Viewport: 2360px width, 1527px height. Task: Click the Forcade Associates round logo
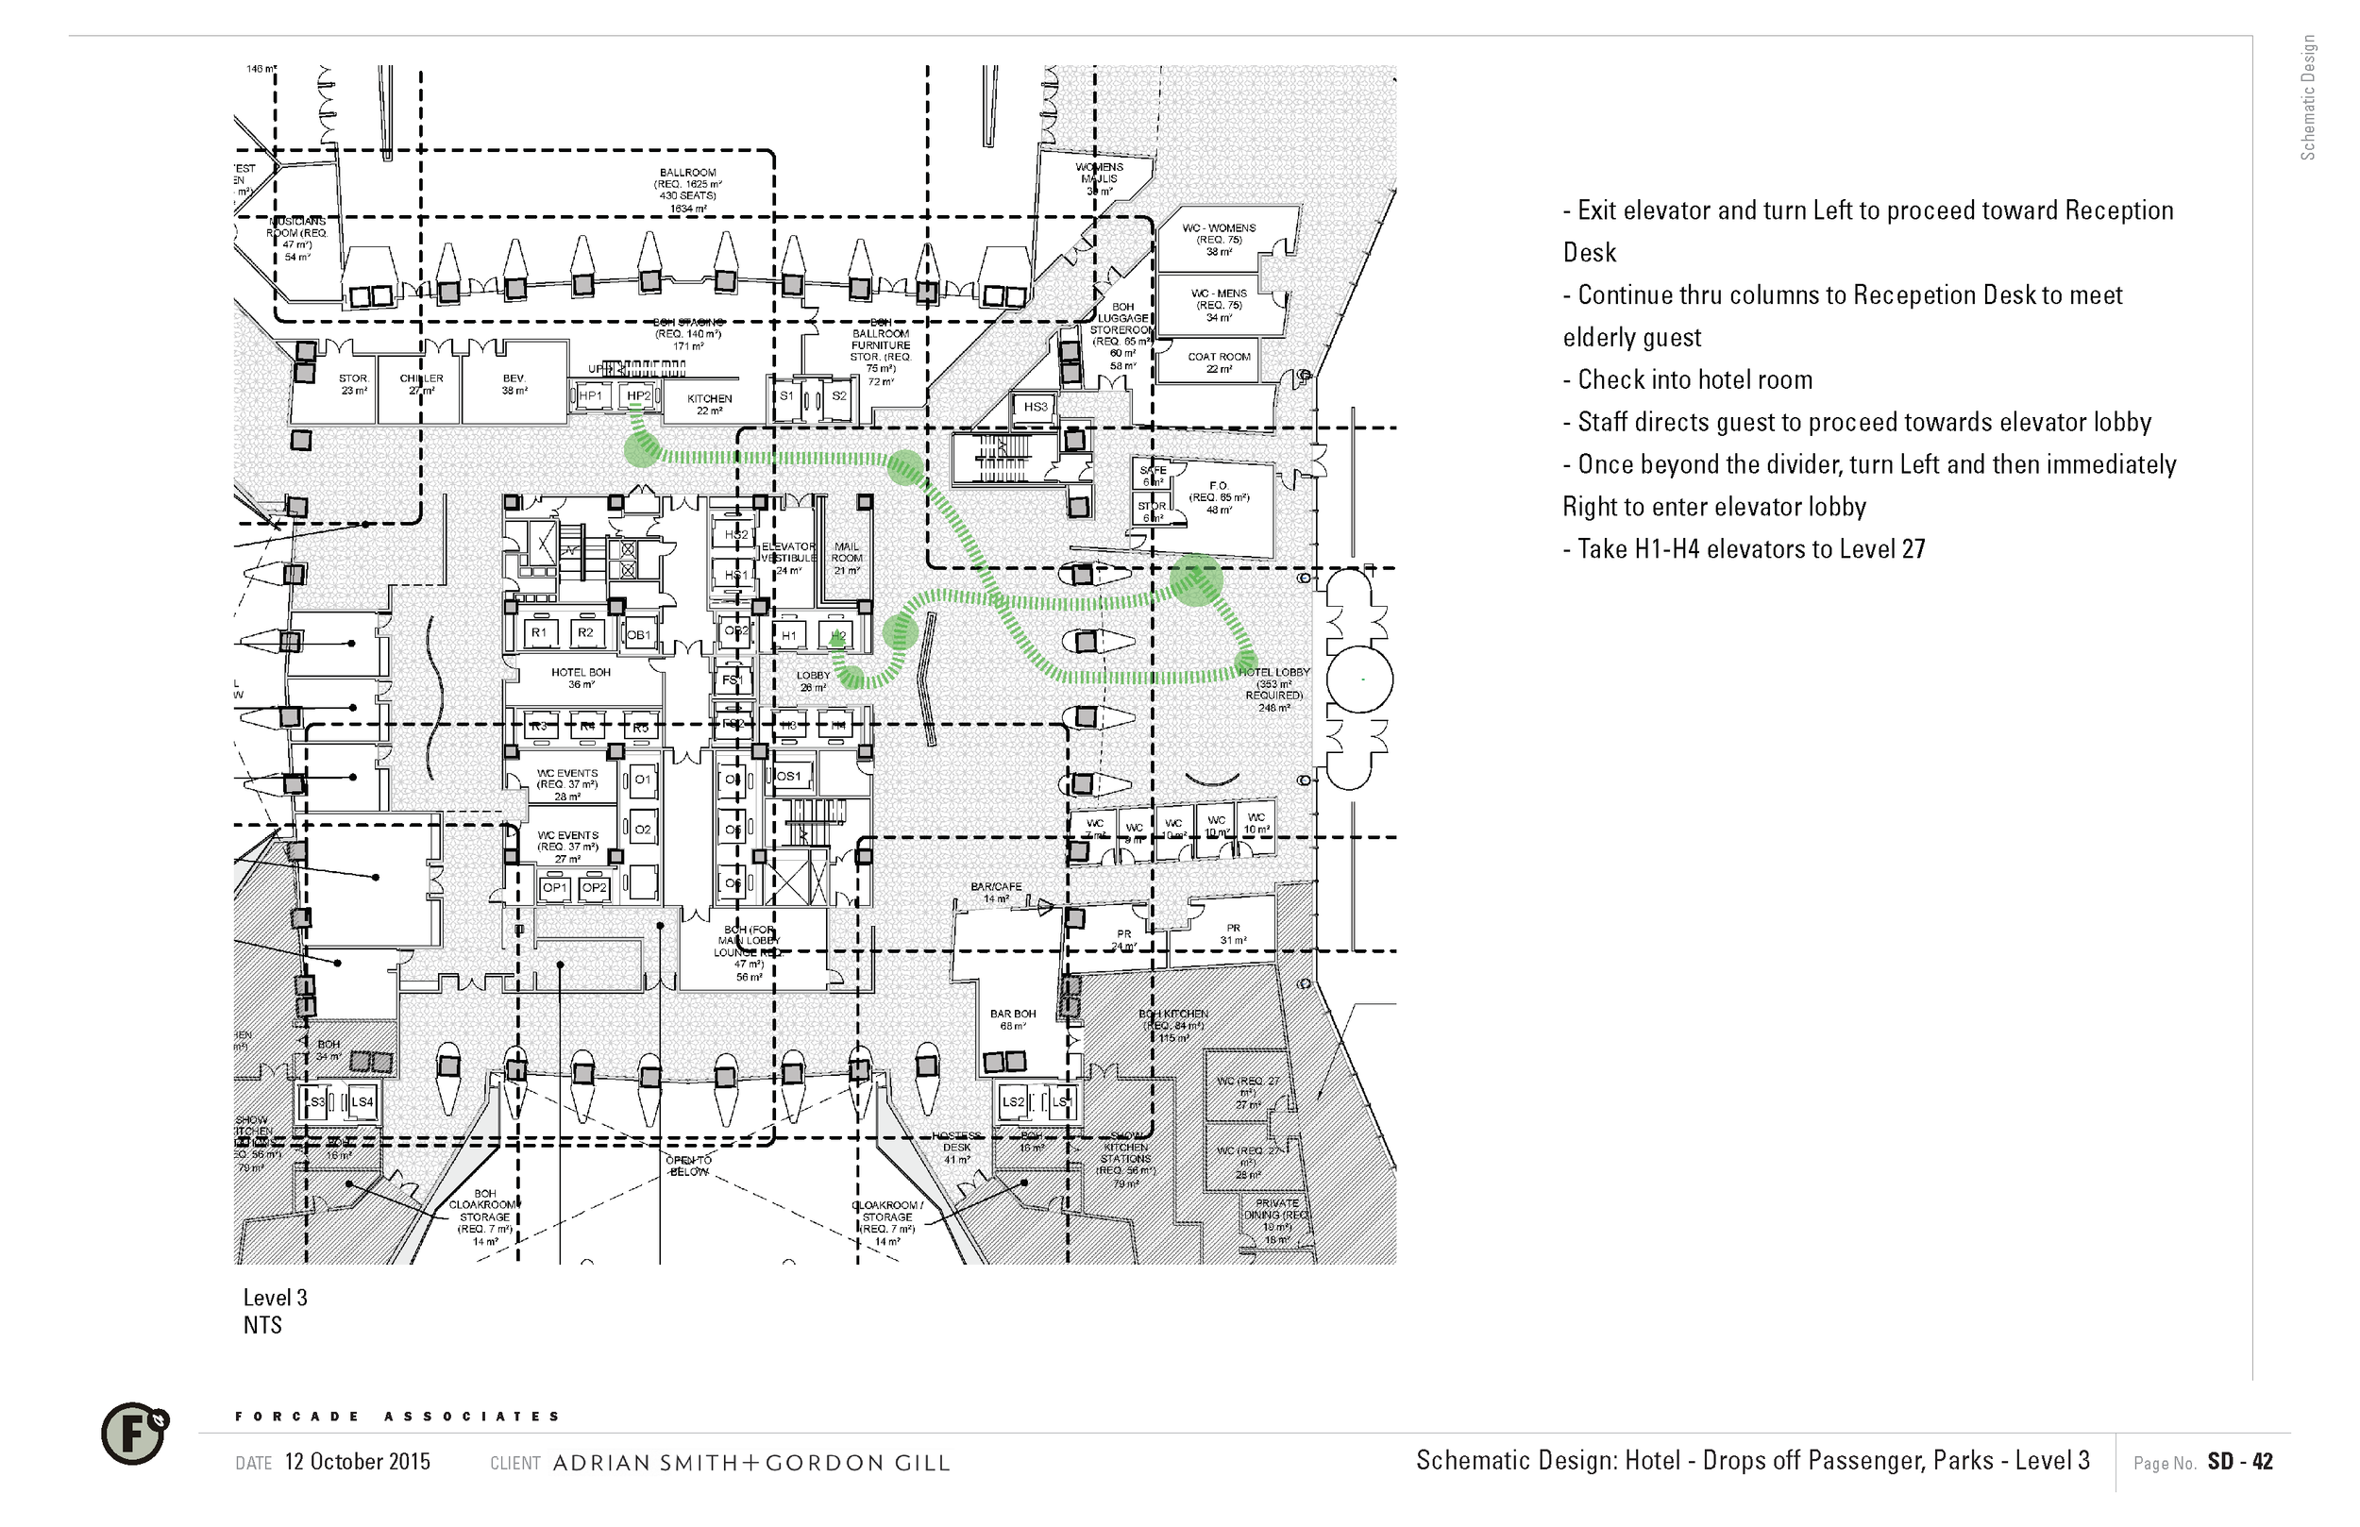[x=134, y=1434]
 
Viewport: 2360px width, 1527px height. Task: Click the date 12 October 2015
[x=357, y=1462]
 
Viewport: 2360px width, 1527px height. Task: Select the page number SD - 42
[x=2240, y=1462]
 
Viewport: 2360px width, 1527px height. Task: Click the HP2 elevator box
[x=638, y=396]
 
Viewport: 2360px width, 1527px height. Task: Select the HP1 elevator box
[x=590, y=396]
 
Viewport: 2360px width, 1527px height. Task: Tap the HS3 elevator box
[x=1036, y=407]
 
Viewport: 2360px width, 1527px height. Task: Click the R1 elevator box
[x=538, y=632]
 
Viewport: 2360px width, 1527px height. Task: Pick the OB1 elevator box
[x=638, y=635]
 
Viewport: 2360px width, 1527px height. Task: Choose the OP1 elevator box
[x=554, y=887]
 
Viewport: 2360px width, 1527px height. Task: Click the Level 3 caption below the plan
[x=276, y=1298]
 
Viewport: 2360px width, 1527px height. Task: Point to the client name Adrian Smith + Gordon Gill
[x=750, y=1463]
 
